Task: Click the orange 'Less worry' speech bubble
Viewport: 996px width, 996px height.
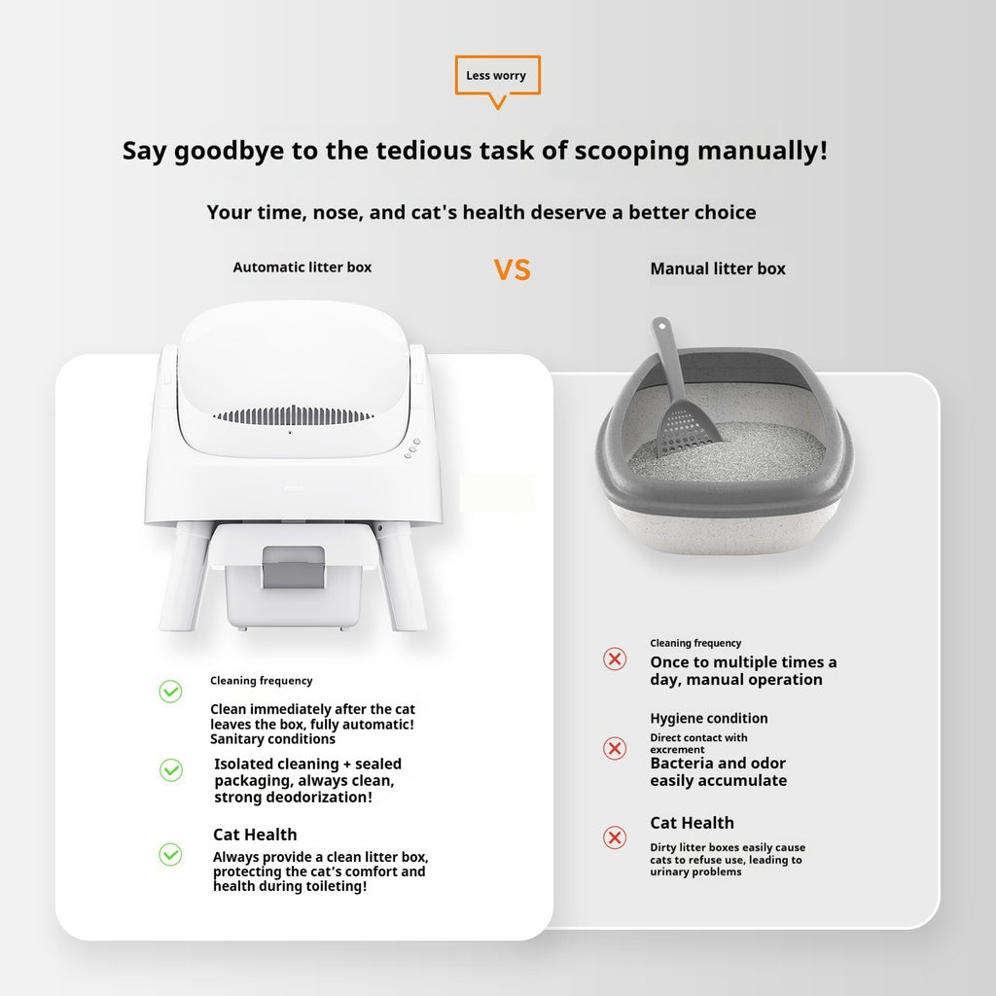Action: point(497,77)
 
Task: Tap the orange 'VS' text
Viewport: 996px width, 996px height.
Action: point(512,269)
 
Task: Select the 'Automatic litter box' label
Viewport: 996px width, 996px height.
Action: point(302,267)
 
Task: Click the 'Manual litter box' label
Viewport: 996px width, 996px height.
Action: point(717,268)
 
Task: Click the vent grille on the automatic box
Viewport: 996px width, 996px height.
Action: point(293,415)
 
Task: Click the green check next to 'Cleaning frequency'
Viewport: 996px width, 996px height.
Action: point(170,692)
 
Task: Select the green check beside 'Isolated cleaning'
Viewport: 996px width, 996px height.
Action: point(170,770)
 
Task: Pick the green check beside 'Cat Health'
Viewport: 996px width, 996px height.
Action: point(170,854)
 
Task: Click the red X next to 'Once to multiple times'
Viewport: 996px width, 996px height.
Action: point(615,659)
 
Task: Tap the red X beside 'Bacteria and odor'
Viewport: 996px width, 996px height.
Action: point(615,748)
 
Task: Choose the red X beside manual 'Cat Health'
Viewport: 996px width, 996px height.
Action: point(615,837)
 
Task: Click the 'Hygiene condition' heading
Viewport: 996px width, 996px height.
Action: point(708,718)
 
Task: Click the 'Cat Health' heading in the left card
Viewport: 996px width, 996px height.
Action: point(255,835)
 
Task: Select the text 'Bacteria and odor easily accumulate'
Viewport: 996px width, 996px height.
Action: point(718,772)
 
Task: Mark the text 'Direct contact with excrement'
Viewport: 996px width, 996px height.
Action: point(698,743)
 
